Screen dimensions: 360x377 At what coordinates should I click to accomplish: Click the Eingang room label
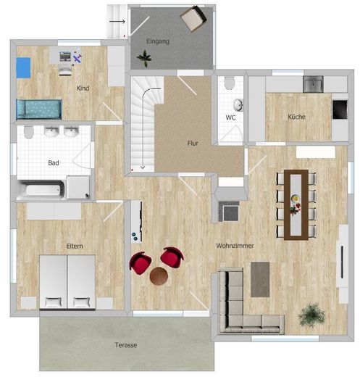click(x=158, y=41)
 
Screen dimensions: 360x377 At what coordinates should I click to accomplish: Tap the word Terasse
click(x=126, y=344)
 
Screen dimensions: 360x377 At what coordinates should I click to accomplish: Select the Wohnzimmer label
click(x=235, y=246)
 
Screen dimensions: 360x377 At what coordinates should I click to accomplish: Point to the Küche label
click(x=296, y=117)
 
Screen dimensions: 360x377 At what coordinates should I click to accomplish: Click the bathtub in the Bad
click(x=41, y=189)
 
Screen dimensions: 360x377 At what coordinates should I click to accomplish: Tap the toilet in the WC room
click(x=229, y=83)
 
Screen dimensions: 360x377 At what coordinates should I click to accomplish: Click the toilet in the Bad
click(x=28, y=132)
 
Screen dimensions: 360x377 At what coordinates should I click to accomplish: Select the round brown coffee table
click(x=159, y=275)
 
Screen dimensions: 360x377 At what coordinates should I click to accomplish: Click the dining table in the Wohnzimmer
click(x=296, y=205)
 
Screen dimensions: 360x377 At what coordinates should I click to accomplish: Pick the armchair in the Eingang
click(x=193, y=18)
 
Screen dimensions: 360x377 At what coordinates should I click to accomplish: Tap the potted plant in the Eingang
click(x=144, y=58)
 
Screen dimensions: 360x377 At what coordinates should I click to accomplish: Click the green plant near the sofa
click(x=311, y=315)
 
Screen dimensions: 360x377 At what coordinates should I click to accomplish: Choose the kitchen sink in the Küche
click(x=313, y=84)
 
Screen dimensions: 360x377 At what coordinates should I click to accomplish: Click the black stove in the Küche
click(x=340, y=109)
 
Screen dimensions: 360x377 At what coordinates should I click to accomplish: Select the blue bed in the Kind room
click(x=39, y=109)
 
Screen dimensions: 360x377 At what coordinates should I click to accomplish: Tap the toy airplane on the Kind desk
click(x=78, y=58)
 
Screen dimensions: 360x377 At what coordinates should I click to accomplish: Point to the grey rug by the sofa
click(x=260, y=279)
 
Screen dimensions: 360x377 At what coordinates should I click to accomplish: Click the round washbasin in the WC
click(x=238, y=105)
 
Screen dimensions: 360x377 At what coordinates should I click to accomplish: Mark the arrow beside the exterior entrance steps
click(x=117, y=22)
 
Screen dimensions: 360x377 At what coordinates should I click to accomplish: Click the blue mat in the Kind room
click(x=23, y=67)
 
